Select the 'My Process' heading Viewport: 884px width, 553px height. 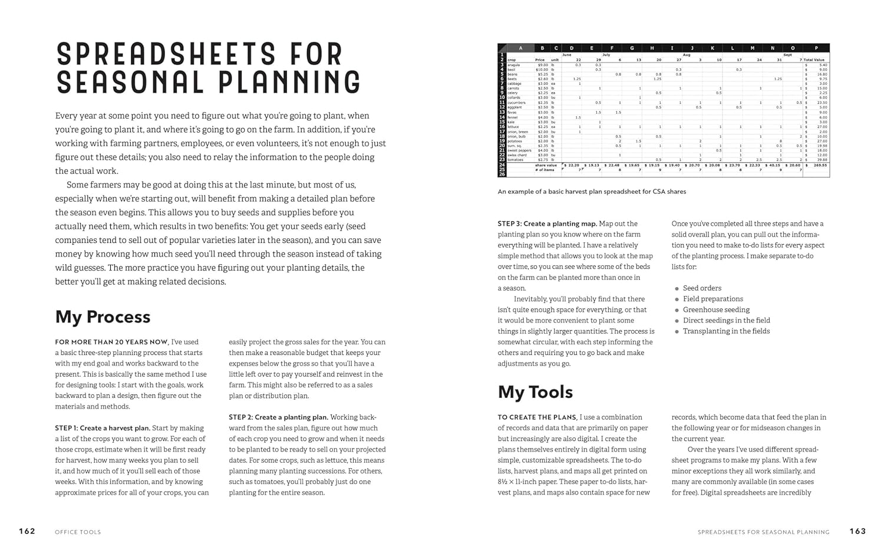click(x=103, y=317)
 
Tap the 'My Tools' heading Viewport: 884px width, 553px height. click(x=535, y=392)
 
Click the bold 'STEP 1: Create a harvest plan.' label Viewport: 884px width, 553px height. click(x=103, y=428)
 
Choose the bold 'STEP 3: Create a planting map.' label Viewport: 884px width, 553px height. click(x=547, y=224)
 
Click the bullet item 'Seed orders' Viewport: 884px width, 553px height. click(x=702, y=288)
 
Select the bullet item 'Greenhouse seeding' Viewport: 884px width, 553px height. click(x=716, y=310)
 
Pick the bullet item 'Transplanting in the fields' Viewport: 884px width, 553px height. click(x=726, y=331)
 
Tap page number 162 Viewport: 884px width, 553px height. click(x=27, y=531)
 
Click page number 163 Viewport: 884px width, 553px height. click(x=857, y=531)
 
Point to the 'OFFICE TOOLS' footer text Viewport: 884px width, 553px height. click(x=78, y=532)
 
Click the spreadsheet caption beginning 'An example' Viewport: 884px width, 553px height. click(x=592, y=192)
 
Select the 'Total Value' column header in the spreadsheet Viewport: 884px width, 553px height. click(x=816, y=60)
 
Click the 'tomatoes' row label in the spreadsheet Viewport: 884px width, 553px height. click(x=516, y=160)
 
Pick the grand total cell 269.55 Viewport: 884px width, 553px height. click(x=820, y=165)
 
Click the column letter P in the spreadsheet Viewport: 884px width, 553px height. click(x=816, y=48)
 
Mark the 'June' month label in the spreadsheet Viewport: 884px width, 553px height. click(x=567, y=55)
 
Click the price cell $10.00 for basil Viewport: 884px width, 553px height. click(x=542, y=70)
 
